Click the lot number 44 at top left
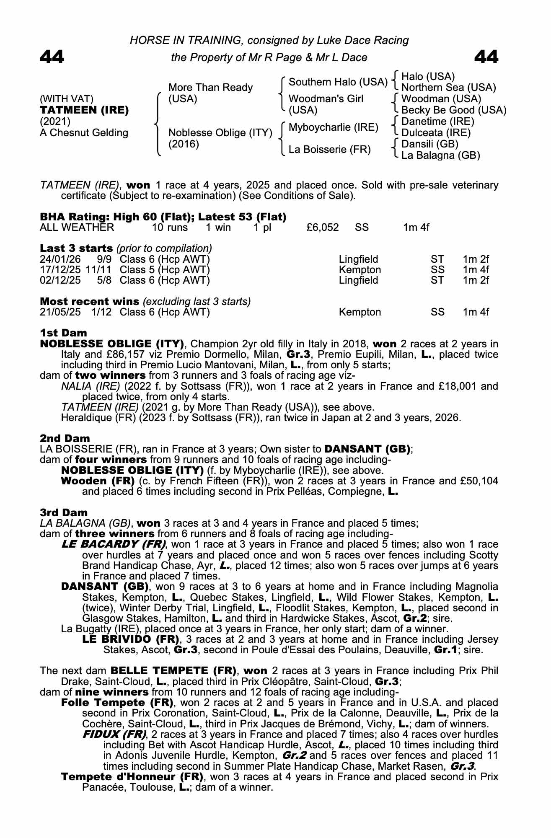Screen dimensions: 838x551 click(x=52, y=57)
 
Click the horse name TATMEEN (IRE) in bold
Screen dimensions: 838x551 click(x=84, y=110)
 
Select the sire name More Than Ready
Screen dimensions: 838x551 click(x=210, y=88)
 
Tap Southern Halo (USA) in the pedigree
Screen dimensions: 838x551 click(x=338, y=82)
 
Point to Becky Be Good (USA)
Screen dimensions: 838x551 click(x=454, y=110)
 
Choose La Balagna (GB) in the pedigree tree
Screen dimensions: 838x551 click(x=440, y=155)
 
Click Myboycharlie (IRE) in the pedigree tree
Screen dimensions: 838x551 click(x=334, y=127)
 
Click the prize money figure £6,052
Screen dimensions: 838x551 click(x=323, y=228)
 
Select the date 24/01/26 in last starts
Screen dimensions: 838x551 click(x=60, y=259)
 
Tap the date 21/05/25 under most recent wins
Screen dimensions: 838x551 click(x=60, y=312)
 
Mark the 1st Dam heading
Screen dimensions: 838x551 click(x=63, y=333)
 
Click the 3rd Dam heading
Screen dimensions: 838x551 click(x=64, y=512)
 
